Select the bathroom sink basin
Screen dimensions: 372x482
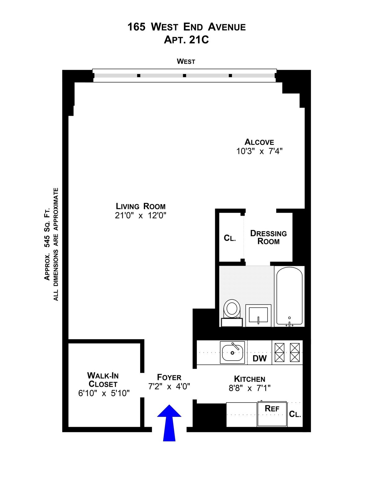258,315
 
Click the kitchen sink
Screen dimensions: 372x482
232,353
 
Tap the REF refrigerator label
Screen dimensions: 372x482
272,408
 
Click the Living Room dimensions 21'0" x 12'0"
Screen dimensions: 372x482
140,215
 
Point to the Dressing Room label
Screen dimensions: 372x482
268,237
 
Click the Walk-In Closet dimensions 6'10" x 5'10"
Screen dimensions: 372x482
104,393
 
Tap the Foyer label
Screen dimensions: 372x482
169,377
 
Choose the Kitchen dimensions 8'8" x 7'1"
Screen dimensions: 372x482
250,388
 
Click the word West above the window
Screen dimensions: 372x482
186,61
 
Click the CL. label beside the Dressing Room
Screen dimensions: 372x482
230,238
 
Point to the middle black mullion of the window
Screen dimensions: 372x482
184,76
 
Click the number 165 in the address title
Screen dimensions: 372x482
136,27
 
